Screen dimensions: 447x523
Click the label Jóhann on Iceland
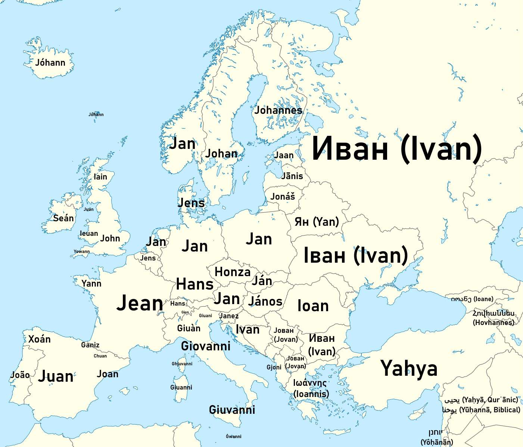(50, 63)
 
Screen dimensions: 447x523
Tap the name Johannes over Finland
(278, 110)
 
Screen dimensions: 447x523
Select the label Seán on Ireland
(63, 218)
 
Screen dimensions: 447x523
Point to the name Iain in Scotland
(100, 177)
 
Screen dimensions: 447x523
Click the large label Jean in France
(140, 303)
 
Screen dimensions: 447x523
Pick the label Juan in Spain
(56, 376)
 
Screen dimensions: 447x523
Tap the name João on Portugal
(20, 375)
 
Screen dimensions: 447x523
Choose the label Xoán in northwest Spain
(40, 339)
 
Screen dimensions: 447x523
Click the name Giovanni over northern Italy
(206, 346)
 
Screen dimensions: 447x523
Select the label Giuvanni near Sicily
(232, 410)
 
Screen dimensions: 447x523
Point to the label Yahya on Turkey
(409, 368)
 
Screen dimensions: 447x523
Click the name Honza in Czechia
(233, 272)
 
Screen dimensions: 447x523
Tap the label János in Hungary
(265, 301)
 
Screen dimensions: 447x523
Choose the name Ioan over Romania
(313, 306)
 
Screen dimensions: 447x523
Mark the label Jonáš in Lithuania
(283, 196)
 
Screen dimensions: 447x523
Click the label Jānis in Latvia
(292, 176)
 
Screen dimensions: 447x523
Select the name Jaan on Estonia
(284, 155)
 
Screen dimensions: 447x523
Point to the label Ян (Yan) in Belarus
(317, 222)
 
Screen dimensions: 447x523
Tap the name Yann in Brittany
(91, 284)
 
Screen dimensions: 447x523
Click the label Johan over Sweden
(221, 153)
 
